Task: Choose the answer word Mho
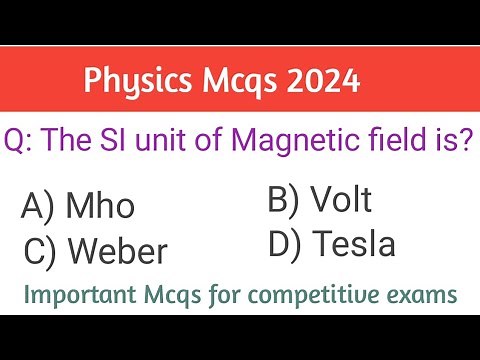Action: pyautogui.click(x=100, y=207)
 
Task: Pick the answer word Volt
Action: pyautogui.click(x=341, y=200)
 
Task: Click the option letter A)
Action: pyautogui.click(x=38, y=208)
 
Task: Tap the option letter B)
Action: pyautogui.click(x=284, y=200)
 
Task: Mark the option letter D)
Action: pyautogui.click(x=285, y=243)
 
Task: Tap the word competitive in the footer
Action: pyautogui.click(x=336, y=295)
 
